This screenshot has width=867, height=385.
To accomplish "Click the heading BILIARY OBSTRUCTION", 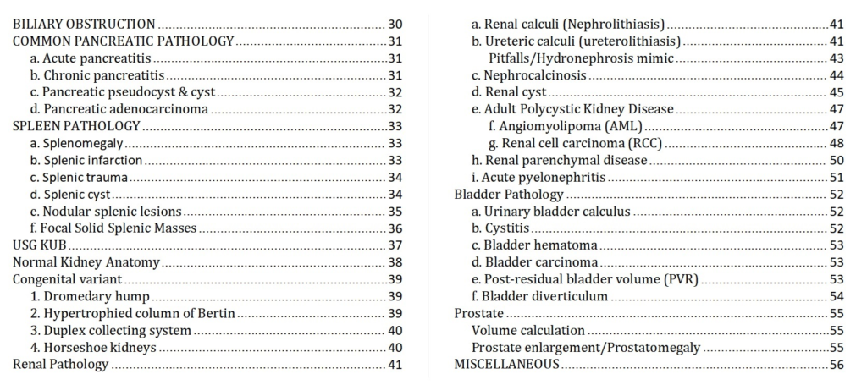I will [x=84, y=25].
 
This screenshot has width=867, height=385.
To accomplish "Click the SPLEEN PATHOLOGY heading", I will [x=76, y=126].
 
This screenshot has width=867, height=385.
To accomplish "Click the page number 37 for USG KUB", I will [x=395, y=245].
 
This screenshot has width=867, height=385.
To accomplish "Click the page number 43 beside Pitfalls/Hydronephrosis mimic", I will [x=837, y=58].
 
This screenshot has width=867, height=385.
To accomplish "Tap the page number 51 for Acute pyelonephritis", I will [x=837, y=178].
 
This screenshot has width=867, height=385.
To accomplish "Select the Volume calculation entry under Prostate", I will [x=528, y=330].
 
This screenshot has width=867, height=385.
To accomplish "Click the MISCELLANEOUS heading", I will [x=506, y=364].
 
